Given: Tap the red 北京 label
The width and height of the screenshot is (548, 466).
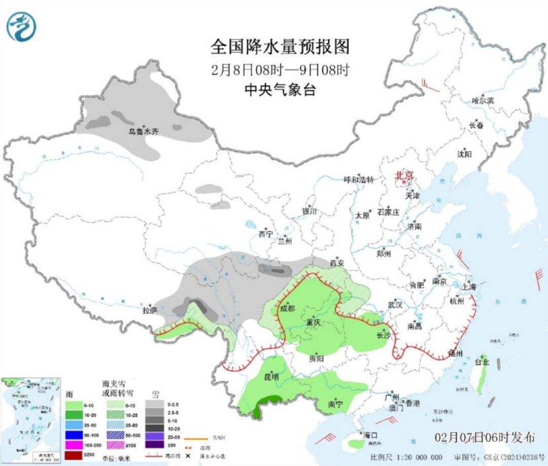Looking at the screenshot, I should tap(404, 175).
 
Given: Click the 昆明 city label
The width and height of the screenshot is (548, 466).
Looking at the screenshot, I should tap(271, 377).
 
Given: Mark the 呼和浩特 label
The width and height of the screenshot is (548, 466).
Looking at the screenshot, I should tap(359, 180).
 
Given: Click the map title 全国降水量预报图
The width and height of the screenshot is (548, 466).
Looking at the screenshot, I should tap(280, 48).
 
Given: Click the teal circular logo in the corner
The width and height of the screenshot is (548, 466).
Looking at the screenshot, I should tap(22, 26).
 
